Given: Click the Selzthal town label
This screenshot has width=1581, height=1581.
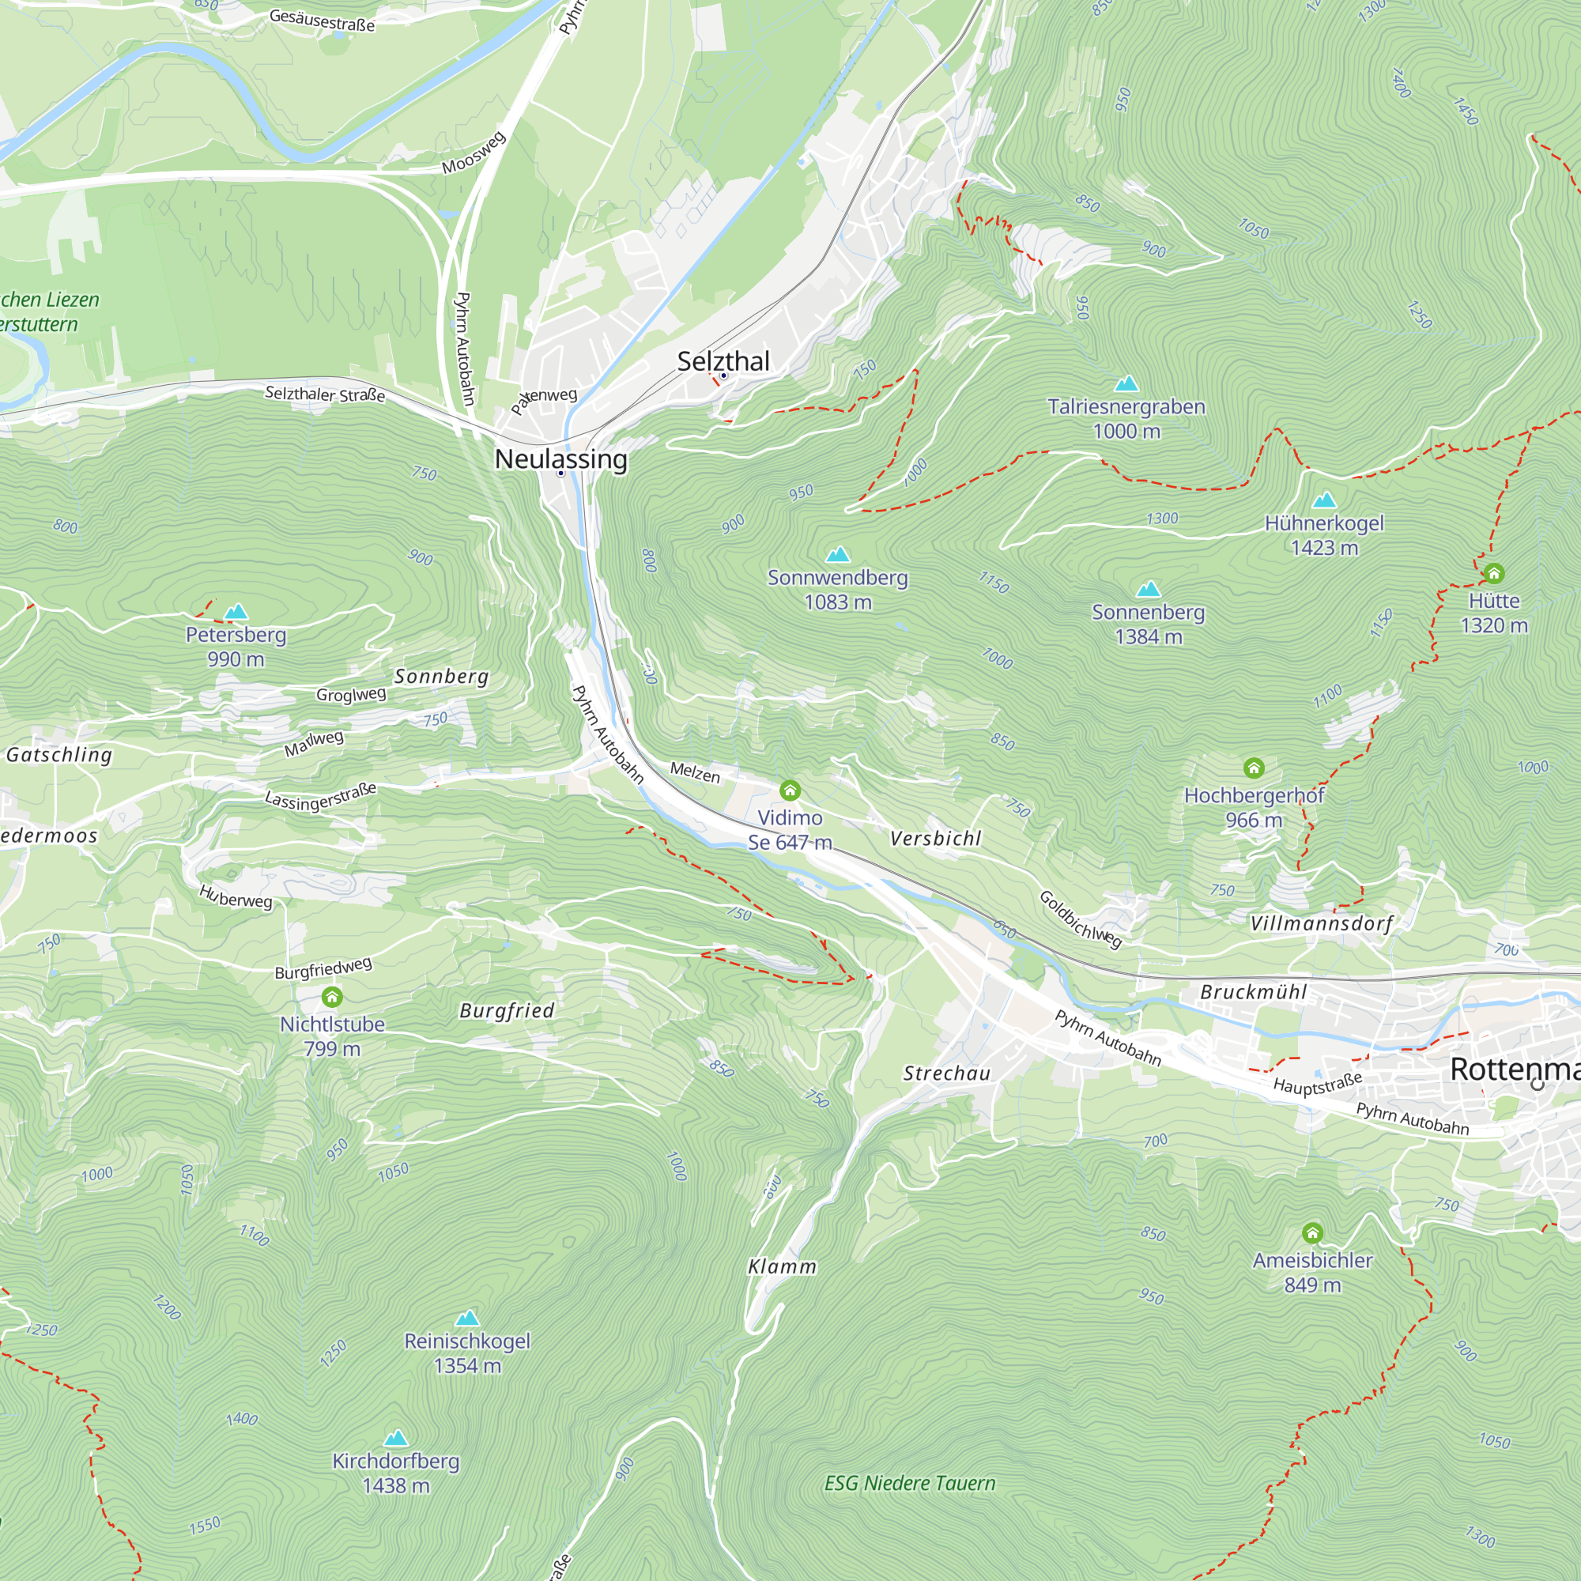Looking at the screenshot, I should [x=723, y=361].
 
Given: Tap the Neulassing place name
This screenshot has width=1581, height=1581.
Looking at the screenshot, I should [x=560, y=459].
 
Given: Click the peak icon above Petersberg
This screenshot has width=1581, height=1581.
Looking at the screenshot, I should [x=236, y=611].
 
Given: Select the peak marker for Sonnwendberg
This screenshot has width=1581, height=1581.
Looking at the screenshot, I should [x=838, y=555].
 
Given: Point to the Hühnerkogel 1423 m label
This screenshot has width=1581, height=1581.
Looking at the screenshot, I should [x=1324, y=535].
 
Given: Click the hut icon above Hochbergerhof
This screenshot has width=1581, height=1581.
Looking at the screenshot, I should [x=1254, y=768].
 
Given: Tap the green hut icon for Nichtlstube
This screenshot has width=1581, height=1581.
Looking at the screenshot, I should [x=332, y=997].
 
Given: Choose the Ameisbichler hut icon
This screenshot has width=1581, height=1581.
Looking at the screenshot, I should [x=1312, y=1232].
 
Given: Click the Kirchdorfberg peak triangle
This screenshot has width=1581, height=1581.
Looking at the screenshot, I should [x=396, y=1438].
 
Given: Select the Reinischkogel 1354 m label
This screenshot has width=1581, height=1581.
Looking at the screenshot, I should [x=467, y=1353].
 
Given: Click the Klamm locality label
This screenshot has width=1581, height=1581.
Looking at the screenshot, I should [x=783, y=1266].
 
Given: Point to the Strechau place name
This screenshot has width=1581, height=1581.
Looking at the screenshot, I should [x=947, y=1073].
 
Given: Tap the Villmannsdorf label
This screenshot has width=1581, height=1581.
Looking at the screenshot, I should [x=1321, y=924].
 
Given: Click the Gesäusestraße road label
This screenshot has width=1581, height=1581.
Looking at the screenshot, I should [x=322, y=20].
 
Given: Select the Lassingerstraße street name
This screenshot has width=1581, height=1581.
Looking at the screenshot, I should [x=321, y=796].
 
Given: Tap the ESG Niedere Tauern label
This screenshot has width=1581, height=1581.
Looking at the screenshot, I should [x=910, y=1483].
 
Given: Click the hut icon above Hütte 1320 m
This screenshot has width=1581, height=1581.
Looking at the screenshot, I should [x=1494, y=573].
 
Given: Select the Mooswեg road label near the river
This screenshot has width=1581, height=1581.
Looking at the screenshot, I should [x=474, y=153].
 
